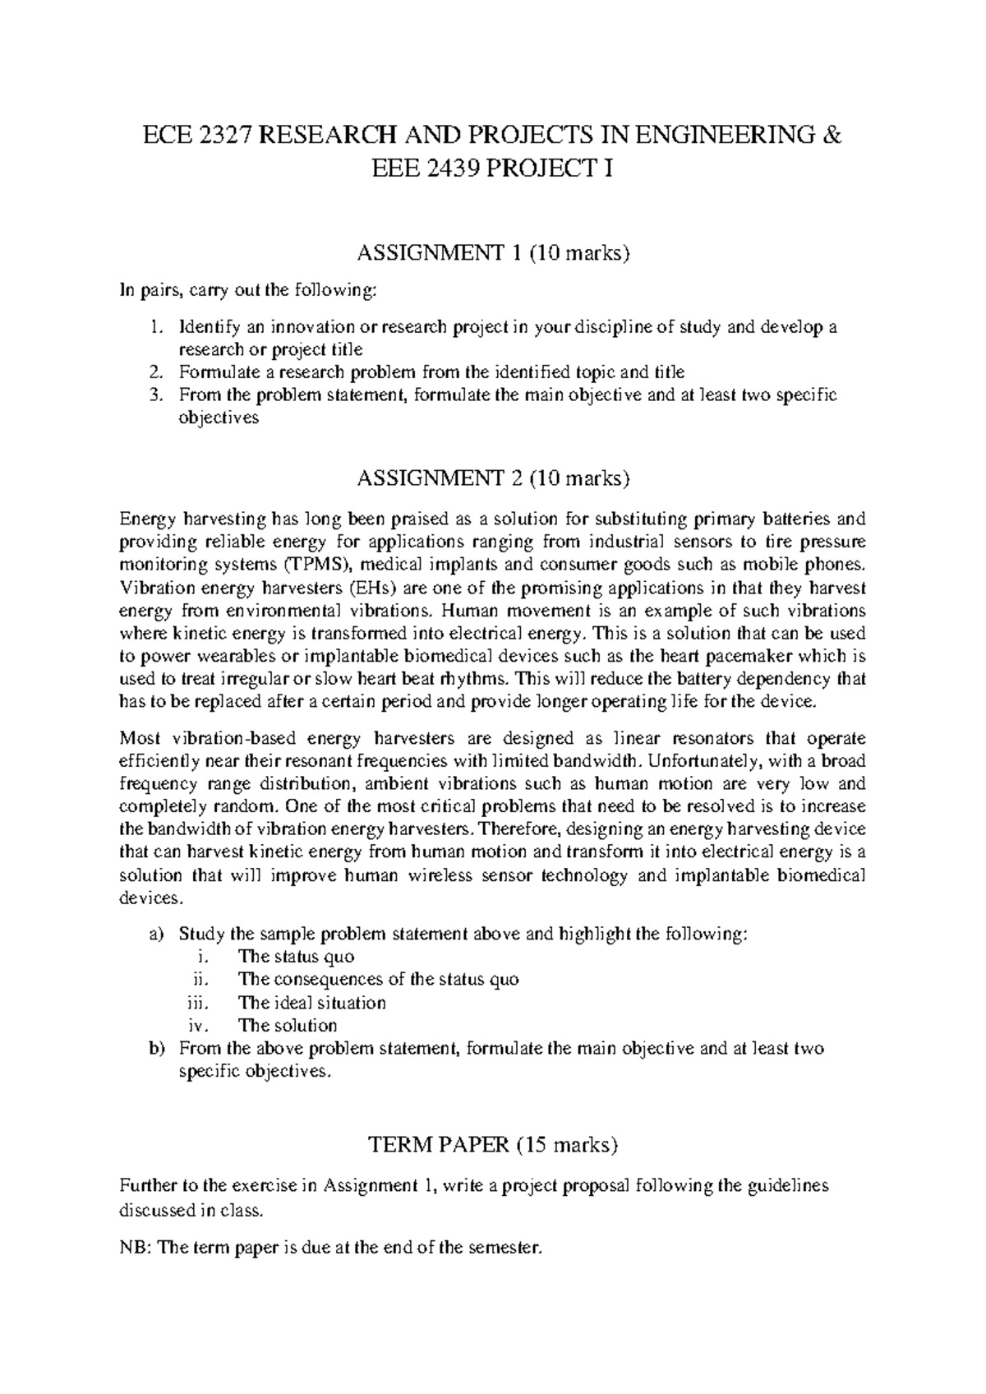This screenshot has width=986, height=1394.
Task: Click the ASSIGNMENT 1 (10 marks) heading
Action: (x=493, y=253)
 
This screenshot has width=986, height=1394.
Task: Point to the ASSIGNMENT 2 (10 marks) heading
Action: (x=493, y=476)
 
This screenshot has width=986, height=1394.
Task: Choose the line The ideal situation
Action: (x=311, y=1003)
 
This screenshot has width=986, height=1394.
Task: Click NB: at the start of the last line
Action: (x=136, y=1249)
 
